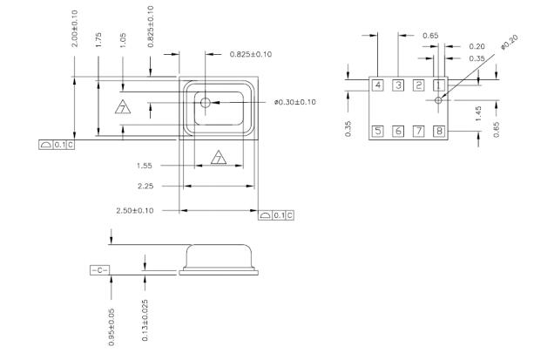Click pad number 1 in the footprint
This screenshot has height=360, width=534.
coord(439,85)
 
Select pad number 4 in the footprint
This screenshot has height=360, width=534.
coord(377,85)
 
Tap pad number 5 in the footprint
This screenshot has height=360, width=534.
coord(377,131)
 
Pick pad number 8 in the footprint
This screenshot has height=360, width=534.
coord(439,131)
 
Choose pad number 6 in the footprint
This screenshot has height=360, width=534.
coord(398,131)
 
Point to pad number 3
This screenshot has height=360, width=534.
coord(398,85)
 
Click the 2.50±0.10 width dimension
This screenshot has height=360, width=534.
coord(136,211)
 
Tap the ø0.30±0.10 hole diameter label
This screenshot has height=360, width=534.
coord(294,102)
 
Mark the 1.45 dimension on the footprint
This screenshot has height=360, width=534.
coord(478,112)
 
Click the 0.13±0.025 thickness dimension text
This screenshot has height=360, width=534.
coord(145,322)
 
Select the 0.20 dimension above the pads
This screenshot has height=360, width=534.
coord(477,46)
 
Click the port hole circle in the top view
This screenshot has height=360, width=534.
coord(206,103)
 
